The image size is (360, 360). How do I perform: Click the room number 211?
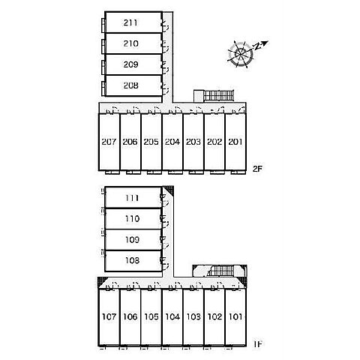[130, 22]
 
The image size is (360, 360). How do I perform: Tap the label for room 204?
[172, 142]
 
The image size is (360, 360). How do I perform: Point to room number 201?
[235, 142]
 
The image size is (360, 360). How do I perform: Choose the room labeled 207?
[109, 142]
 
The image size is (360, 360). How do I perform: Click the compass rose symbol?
[241, 54]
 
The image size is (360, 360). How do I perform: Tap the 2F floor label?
[257, 169]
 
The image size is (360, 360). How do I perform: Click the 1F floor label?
[258, 344]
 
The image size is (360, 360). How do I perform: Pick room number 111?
[132, 198]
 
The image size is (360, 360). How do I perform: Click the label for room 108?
[132, 260]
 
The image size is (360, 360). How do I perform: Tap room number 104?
[172, 316]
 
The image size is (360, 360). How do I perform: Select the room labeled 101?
[235, 316]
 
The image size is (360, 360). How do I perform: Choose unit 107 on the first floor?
[109, 316]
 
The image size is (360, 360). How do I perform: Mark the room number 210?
[130, 43]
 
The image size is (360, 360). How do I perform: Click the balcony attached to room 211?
[103, 25]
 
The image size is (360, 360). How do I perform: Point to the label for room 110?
[132, 219]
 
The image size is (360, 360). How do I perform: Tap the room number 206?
[130, 142]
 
